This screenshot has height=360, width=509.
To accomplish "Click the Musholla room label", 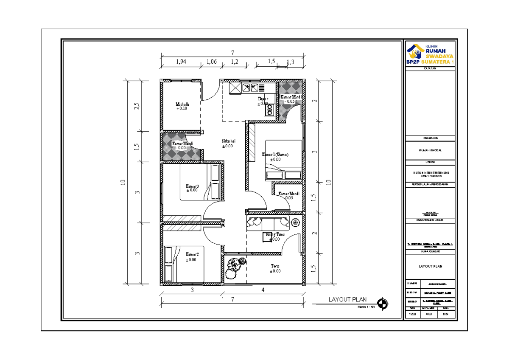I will click(x=182, y=104).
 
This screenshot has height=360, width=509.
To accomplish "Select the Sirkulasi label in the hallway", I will click(x=229, y=141).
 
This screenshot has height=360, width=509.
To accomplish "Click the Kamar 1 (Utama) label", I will click(x=275, y=155).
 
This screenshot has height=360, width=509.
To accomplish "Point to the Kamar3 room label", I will click(x=192, y=186).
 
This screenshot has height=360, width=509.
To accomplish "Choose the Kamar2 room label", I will click(x=192, y=254).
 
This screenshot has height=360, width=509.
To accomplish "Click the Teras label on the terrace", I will click(x=275, y=266).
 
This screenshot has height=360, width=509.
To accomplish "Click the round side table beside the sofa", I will click(x=296, y=222).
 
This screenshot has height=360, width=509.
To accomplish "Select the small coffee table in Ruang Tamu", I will click(x=267, y=238).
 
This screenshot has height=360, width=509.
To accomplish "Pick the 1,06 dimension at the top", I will click(x=211, y=62).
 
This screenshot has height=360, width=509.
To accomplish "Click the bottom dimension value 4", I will click(x=263, y=290).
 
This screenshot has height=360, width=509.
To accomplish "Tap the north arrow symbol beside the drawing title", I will click(x=383, y=303).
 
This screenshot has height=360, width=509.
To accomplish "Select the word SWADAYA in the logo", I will click(x=439, y=56).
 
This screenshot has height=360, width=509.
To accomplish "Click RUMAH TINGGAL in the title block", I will click(x=430, y=149).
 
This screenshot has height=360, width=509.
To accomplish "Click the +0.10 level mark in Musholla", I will click(x=182, y=109).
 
